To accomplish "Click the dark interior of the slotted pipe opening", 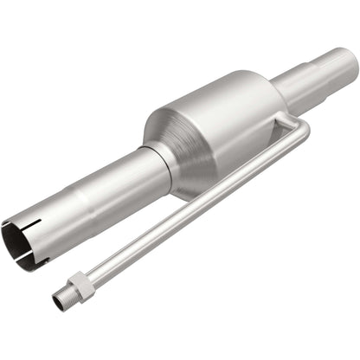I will pyautogui.click(x=19, y=242).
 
